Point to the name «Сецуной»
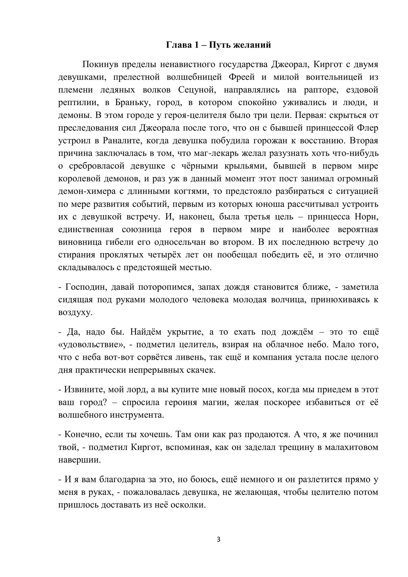click(197, 90)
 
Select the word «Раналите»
click(122, 141)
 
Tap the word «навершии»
click(80, 460)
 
